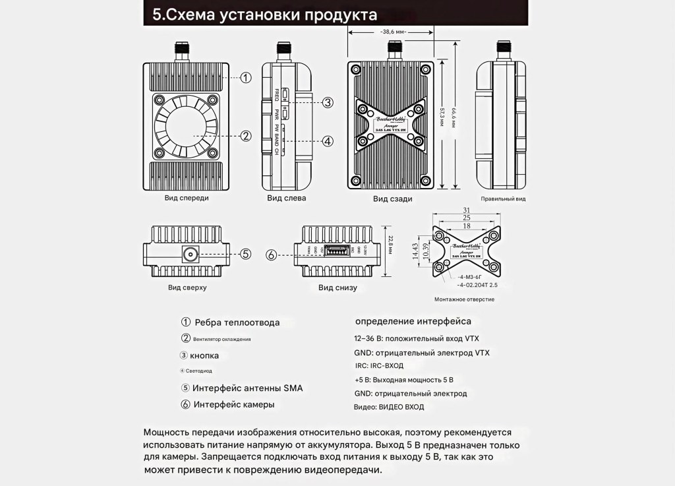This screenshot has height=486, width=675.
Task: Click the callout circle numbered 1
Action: [x=245, y=78]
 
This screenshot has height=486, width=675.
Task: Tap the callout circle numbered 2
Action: [x=245, y=136]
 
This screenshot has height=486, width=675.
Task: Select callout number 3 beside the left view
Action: [x=328, y=102]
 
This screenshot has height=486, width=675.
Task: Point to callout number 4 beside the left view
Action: [x=328, y=140]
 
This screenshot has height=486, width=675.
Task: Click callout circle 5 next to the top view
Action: [x=245, y=254]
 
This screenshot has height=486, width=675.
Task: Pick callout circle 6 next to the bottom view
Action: [x=271, y=255]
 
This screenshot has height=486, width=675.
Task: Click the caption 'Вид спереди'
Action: [x=187, y=198]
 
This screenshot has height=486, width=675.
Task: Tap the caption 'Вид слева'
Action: [x=286, y=198]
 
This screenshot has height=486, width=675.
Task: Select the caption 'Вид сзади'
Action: [x=392, y=198]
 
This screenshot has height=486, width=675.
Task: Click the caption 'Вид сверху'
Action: [x=187, y=288]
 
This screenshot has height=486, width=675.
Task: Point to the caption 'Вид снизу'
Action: [x=337, y=288]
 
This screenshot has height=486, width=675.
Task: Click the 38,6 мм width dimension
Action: [x=394, y=32]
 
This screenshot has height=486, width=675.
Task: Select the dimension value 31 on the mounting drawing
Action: [x=466, y=210]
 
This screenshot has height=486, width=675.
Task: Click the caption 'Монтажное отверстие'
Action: [x=465, y=299]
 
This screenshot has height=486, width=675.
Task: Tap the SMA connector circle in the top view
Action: [x=191, y=254]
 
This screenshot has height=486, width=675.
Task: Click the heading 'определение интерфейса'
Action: [x=413, y=321]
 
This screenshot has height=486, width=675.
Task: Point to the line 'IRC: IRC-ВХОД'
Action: [x=378, y=365]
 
